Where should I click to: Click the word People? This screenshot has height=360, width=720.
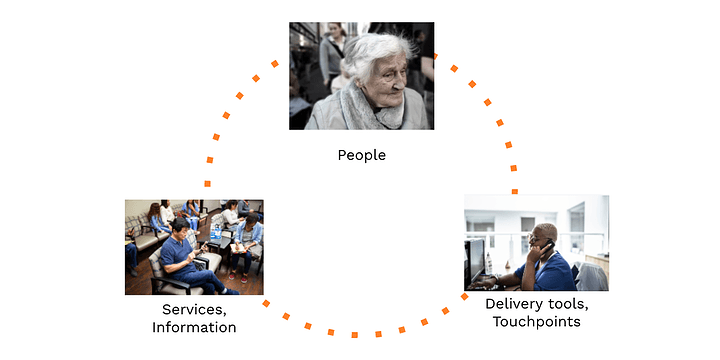361,155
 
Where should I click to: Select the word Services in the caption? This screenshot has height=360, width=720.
180,310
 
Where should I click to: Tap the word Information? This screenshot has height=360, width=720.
193,328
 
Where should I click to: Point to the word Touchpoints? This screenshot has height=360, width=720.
536,321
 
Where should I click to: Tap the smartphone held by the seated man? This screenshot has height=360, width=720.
200,246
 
